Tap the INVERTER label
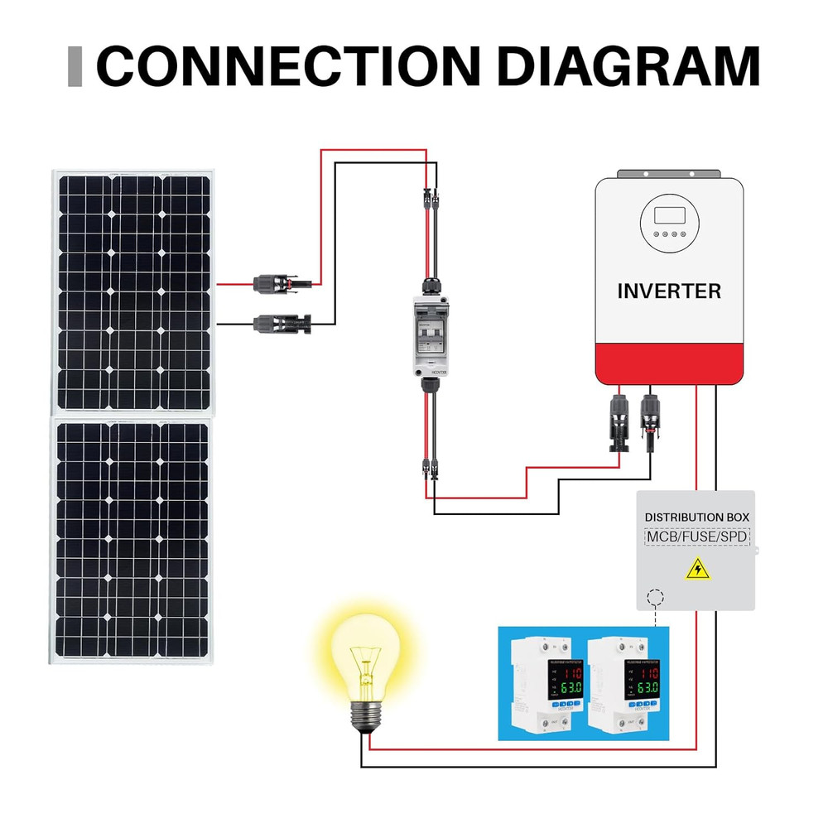click(x=669, y=291)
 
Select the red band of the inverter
click(x=669, y=364)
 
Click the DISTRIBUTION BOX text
click(x=697, y=517)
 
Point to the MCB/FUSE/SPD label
click(x=697, y=537)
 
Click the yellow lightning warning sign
click(x=697, y=569)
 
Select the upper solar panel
click(x=132, y=290)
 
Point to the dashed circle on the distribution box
click(x=656, y=598)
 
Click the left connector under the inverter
click(x=620, y=421)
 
